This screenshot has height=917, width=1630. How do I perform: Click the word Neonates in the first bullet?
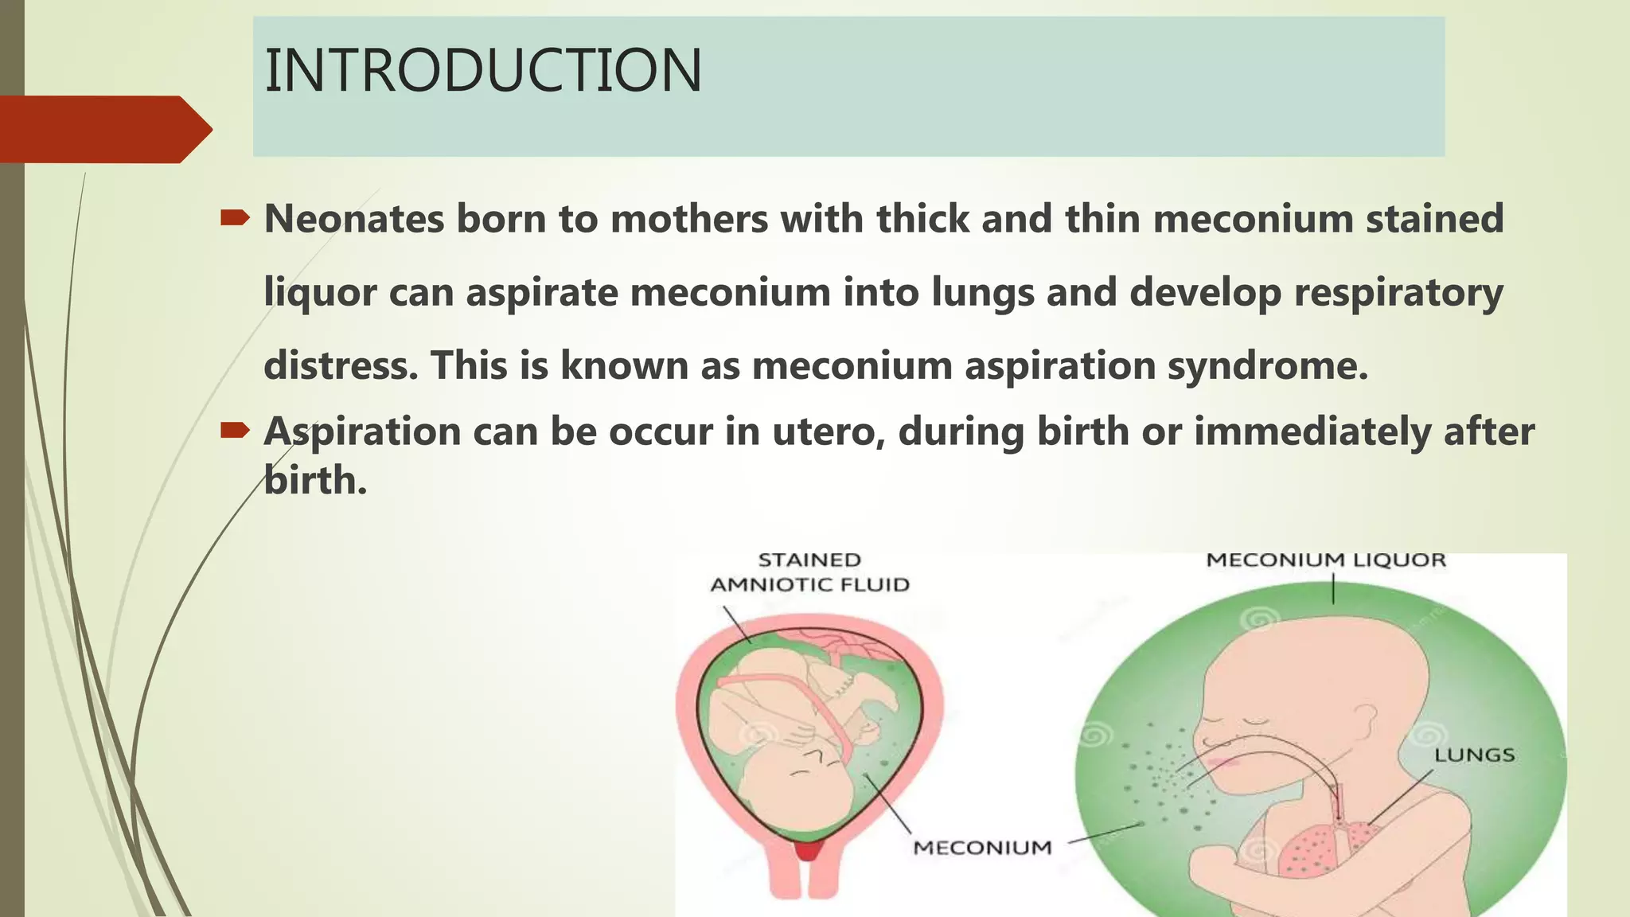tap(353, 219)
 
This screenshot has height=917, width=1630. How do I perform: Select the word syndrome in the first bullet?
tap(1267, 366)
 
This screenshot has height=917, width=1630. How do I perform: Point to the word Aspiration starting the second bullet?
tap(362, 432)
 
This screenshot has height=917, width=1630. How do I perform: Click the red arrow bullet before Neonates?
tap(235, 217)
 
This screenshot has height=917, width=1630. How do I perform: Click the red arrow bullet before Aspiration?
tap(235, 431)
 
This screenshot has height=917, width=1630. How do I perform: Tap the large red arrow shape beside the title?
tap(103, 129)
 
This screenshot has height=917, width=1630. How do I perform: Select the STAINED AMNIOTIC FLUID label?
tap(809, 572)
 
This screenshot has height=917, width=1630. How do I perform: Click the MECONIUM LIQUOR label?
tap(1325, 560)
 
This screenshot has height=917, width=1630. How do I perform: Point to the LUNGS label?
tap(1474, 755)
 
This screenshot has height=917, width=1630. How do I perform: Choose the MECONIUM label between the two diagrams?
tap(982, 848)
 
